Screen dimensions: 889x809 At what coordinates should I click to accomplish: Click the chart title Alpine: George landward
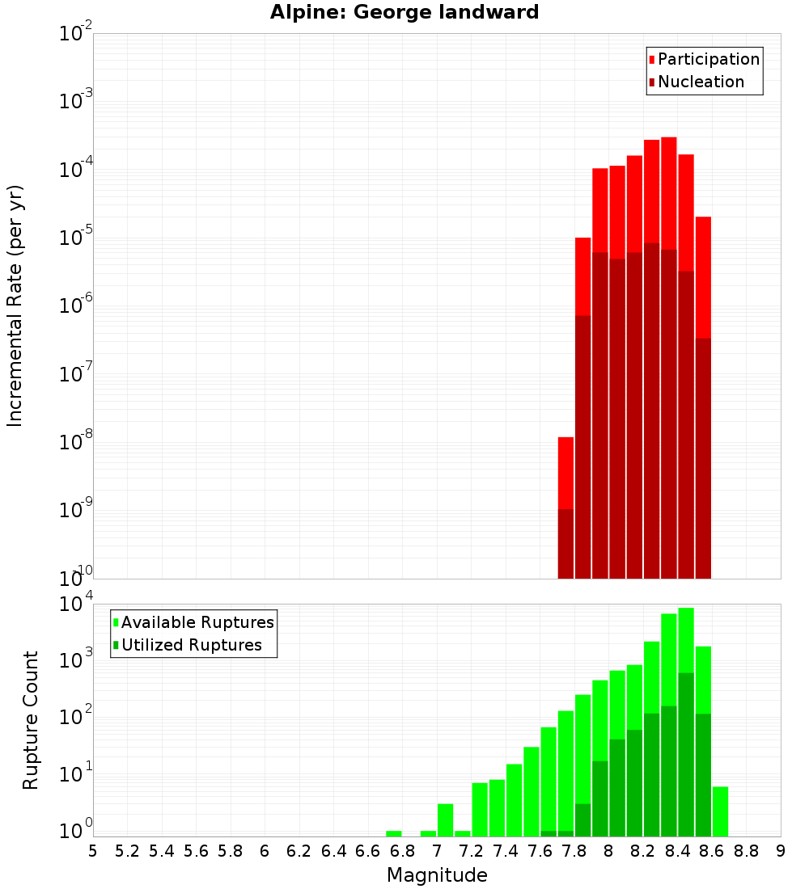click(404, 13)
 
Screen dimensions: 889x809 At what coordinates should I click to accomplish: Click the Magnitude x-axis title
click(437, 875)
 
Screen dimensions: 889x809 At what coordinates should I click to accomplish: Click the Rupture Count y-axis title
click(31, 720)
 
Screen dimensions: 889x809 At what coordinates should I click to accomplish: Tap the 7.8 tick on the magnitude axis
click(574, 851)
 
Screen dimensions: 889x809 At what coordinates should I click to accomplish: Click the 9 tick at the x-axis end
click(781, 851)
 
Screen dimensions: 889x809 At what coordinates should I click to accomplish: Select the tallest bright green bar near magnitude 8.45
click(686, 638)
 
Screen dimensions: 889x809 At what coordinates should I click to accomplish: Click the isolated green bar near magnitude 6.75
click(394, 833)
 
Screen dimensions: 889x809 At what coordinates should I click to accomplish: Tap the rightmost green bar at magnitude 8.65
click(720, 811)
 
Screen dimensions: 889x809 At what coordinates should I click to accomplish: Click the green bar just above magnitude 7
click(445, 819)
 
